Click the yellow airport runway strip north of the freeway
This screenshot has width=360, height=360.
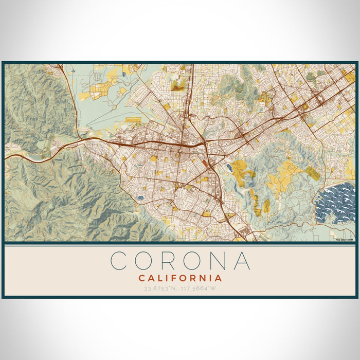(136, 119)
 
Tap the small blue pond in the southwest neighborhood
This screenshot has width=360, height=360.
(140, 197)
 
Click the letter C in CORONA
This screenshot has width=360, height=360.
(119, 261)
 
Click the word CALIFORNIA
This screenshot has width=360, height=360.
(180, 278)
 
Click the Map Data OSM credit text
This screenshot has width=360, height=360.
(344, 240)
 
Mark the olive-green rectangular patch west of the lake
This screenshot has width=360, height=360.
(312, 173)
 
